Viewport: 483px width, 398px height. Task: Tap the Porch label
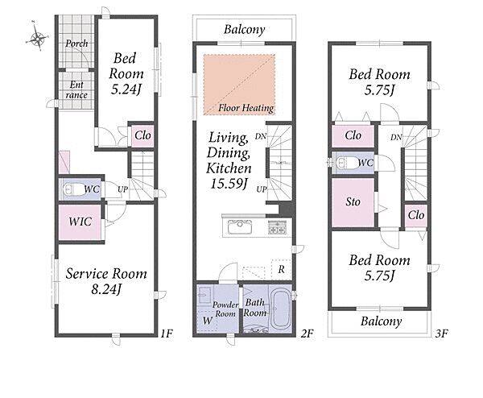(76, 44)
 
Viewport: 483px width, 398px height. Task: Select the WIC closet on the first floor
(80, 222)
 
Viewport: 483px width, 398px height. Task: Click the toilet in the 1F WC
(73, 189)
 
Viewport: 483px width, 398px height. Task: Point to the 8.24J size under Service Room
(106, 289)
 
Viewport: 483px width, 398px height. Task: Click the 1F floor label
(167, 334)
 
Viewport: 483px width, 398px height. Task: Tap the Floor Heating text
(246, 108)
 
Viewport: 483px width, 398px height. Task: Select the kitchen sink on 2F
(240, 227)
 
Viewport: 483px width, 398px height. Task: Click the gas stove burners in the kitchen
(276, 228)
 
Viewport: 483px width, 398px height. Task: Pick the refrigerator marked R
(281, 269)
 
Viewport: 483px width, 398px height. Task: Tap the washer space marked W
(208, 321)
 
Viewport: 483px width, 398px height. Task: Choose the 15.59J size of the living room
(229, 184)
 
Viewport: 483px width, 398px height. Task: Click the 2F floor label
(307, 334)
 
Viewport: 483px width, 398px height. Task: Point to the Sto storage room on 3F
(353, 202)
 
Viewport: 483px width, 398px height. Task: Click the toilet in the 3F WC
(346, 162)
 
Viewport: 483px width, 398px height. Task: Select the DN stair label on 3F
(396, 137)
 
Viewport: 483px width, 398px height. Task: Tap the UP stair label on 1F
(122, 189)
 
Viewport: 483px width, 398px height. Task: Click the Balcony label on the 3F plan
(381, 321)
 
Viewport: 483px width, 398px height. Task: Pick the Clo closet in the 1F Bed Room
(142, 135)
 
